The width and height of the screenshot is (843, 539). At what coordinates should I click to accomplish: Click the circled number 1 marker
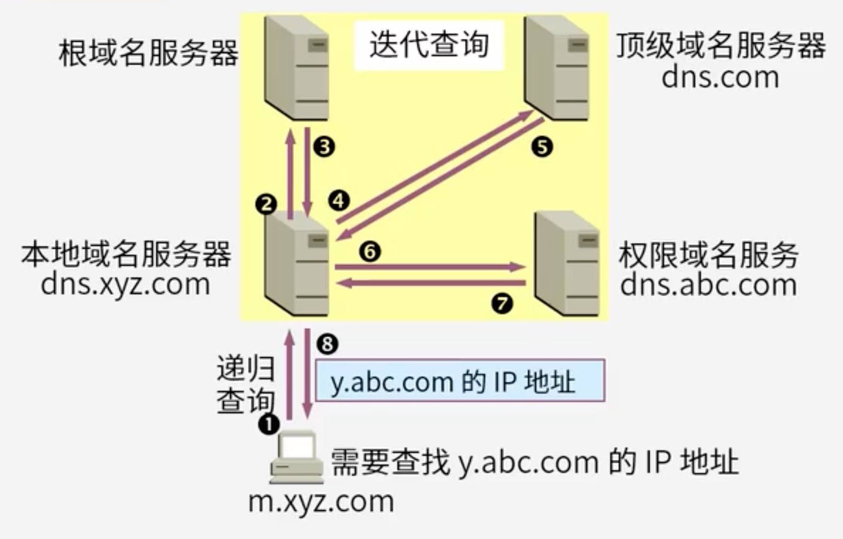[269, 423]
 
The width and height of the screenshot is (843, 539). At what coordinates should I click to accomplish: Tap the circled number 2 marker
[266, 204]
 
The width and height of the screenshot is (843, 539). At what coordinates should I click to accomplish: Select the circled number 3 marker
[324, 147]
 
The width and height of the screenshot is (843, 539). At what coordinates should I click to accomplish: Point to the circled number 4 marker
[338, 200]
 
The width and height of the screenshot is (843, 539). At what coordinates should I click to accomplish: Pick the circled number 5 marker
[541, 147]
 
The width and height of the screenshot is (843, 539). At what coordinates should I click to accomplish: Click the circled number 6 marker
[369, 251]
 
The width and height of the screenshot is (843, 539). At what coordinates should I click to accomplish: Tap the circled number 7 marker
[502, 303]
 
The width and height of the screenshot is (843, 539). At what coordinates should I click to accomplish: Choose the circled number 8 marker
[328, 344]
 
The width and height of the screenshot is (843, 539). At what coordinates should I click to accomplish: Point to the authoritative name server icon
[567, 262]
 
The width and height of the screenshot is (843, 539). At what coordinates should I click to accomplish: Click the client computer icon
[295, 457]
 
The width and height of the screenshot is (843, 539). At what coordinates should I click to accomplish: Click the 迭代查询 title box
[429, 45]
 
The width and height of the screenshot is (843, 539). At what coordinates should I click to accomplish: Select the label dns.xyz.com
[126, 284]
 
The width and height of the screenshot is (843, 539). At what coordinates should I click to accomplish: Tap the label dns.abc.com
[708, 284]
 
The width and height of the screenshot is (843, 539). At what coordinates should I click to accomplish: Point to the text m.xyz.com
[321, 501]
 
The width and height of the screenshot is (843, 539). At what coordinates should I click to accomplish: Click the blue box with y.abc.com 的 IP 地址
[459, 381]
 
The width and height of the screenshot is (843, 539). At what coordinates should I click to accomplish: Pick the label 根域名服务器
[148, 53]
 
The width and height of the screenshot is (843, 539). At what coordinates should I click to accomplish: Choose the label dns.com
[720, 77]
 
